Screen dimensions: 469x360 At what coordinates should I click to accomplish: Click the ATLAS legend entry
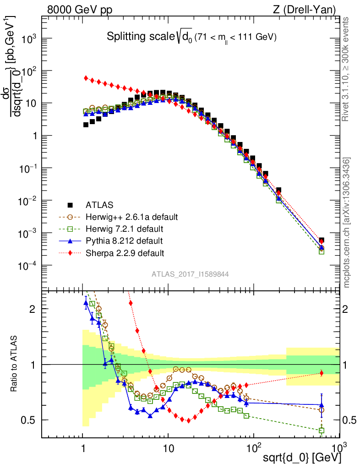click(x=99, y=204)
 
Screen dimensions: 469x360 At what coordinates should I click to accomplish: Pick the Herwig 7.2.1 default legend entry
click(x=125, y=228)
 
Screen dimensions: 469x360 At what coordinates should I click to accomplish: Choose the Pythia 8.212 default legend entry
click(x=124, y=240)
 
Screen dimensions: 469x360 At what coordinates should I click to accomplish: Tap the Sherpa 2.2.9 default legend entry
click(x=125, y=252)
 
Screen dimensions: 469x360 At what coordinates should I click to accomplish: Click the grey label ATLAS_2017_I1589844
click(x=191, y=274)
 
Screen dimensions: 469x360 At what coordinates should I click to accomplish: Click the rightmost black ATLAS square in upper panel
click(x=322, y=240)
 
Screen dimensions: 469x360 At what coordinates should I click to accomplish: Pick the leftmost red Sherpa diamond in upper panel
click(x=86, y=78)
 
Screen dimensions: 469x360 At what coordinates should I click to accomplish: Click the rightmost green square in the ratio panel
click(x=322, y=431)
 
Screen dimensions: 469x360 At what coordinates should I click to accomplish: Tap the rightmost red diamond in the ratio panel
click(x=322, y=373)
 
